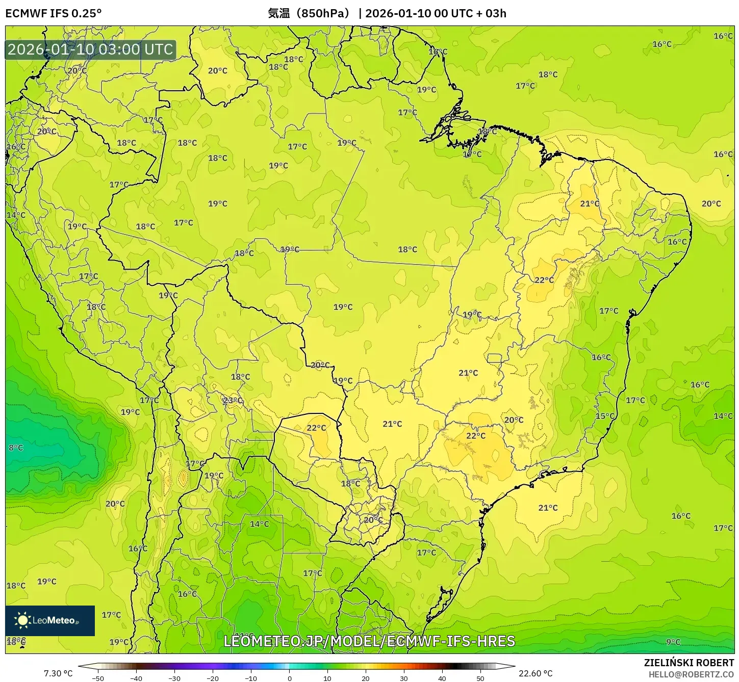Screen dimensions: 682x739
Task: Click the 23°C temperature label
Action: [233, 401]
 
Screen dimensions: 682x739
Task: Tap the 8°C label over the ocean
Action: [16, 448]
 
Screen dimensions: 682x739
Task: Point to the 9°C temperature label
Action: [673, 642]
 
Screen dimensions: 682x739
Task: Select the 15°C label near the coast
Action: [605, 416]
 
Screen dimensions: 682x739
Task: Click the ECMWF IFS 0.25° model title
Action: [54, 13]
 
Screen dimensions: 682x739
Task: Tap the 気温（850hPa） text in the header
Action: [309, 13]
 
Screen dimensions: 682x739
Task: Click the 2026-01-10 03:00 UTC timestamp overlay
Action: [90, 49]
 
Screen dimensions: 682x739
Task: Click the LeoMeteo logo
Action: [50, 620]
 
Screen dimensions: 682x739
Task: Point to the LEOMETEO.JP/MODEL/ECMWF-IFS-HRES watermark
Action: [369, 641]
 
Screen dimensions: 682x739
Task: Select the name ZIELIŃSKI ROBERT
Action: [689, 663]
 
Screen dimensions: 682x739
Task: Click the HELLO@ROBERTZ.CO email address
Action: [691, 674]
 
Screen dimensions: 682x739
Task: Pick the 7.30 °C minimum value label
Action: [58, 673]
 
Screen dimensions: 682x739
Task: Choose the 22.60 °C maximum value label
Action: [536, 673]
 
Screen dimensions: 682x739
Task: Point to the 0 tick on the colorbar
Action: [289, 678]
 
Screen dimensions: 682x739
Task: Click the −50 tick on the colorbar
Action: [97, 678]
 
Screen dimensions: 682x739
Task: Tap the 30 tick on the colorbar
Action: [404, 678]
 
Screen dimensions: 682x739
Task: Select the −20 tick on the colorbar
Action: [212, 678]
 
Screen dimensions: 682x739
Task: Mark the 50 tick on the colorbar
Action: [480, 678]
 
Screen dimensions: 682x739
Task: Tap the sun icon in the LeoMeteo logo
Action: [22, 620]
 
